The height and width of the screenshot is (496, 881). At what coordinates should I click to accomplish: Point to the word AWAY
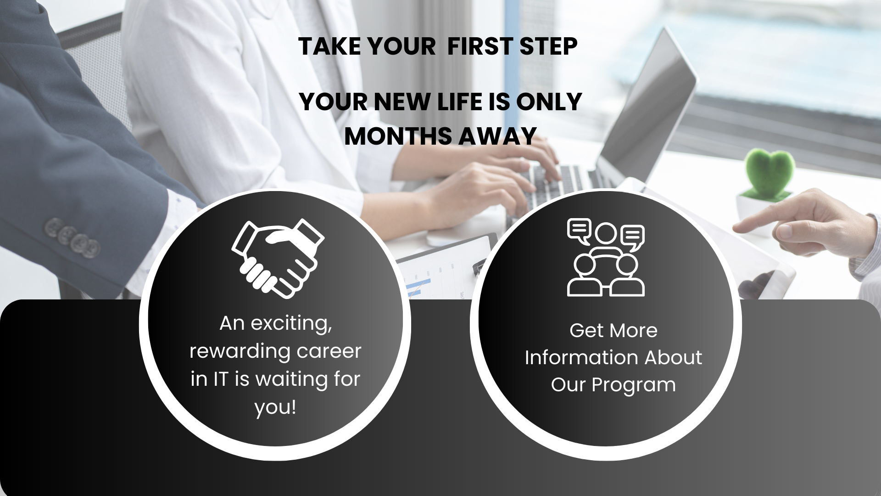click(497, 136)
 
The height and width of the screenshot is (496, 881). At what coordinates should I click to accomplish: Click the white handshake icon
click(278, 259)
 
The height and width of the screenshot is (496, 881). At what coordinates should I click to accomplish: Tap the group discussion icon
click(606, 257)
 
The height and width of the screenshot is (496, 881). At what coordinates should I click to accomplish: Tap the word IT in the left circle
click(221, 379)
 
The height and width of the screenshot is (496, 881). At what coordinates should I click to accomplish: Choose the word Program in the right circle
click(634, 385)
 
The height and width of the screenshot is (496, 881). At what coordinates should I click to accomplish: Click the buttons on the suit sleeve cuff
click(72, 237)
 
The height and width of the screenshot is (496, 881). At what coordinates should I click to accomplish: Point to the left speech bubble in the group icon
click(579, 230)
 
